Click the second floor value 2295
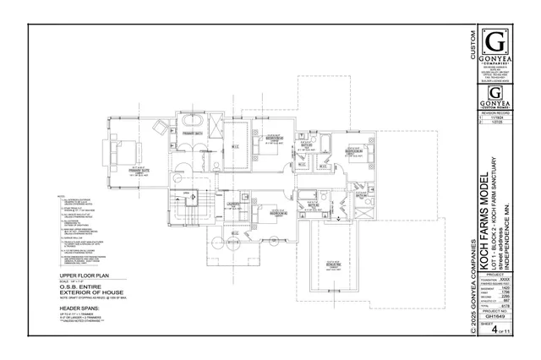pos(505,296)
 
